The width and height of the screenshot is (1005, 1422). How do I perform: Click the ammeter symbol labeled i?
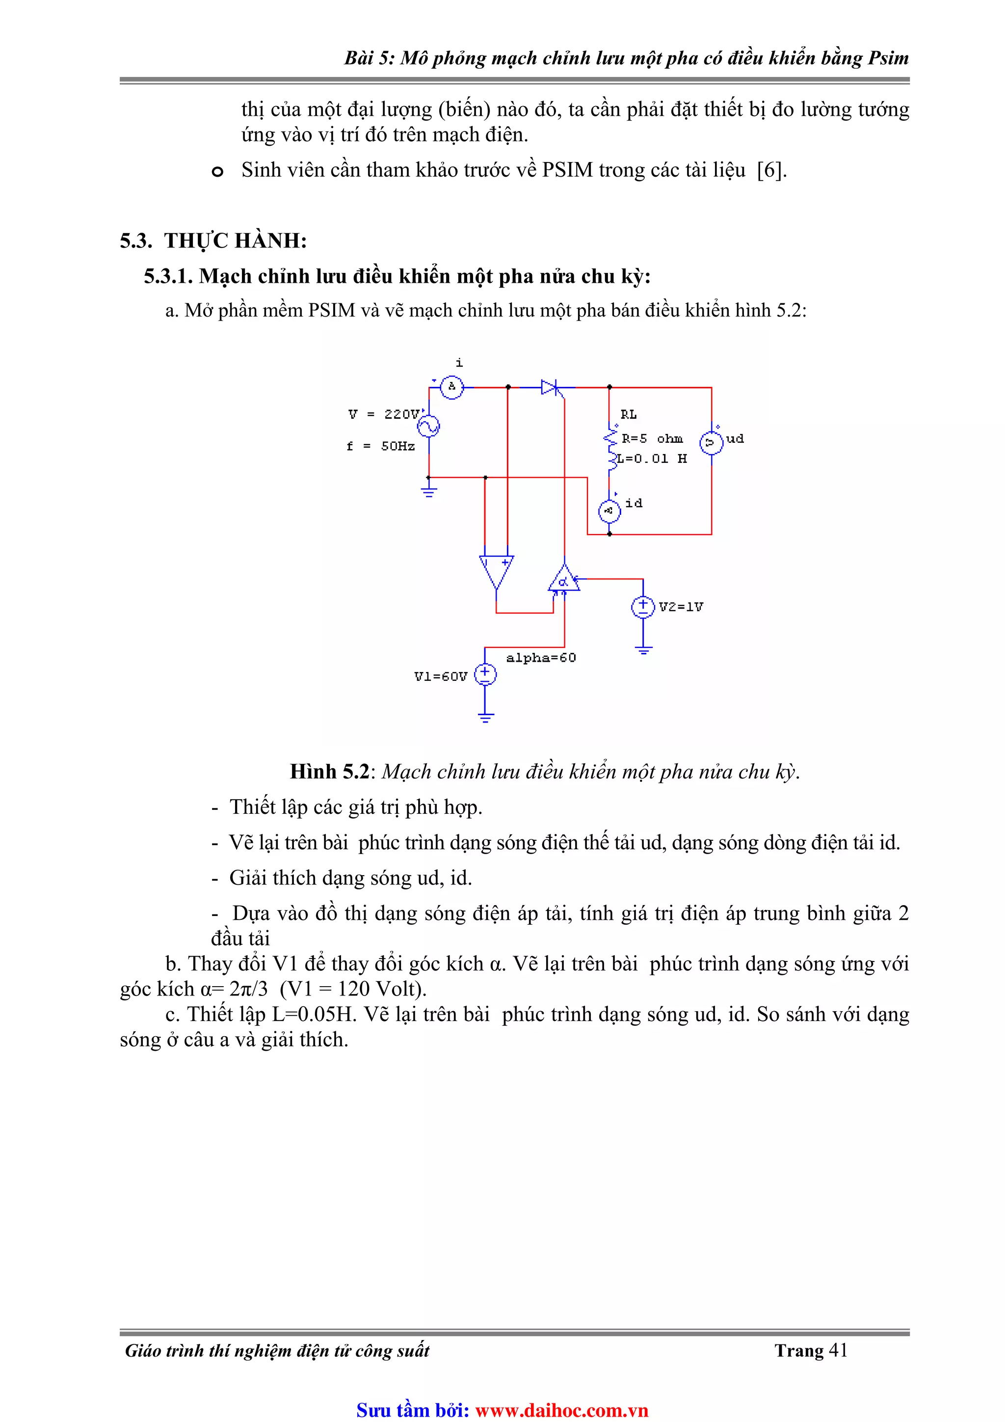[451, 387]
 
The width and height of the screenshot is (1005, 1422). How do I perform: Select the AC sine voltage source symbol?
[428, 426]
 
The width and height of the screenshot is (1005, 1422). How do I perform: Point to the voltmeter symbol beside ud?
[711, 442]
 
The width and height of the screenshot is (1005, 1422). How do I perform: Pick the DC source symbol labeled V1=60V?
[485, 674]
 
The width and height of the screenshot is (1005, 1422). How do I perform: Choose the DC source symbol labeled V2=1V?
[643, 606]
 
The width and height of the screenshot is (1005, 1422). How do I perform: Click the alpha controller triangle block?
[563, 579]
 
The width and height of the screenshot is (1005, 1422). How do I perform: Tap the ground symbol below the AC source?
[428, 492]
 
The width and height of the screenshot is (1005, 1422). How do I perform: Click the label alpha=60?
[541, 658]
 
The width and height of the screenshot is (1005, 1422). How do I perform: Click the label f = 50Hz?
[380, 446]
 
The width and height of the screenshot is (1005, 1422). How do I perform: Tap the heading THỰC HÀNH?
[236, 241]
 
